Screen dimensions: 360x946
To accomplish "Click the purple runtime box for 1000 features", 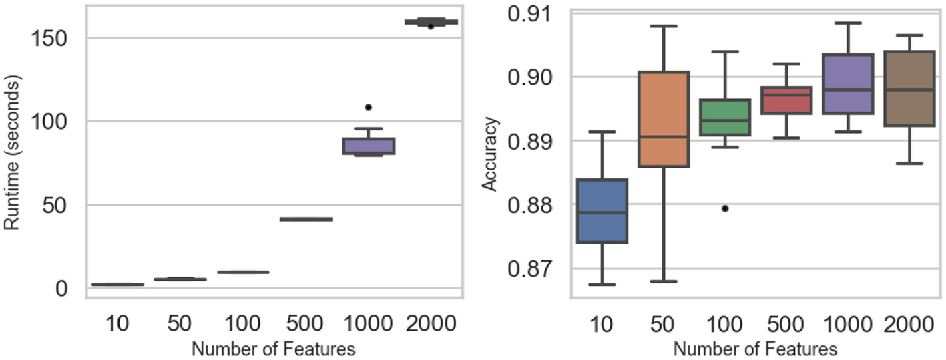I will coord(369,146).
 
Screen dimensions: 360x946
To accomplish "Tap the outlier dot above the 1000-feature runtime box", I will coord(369,107).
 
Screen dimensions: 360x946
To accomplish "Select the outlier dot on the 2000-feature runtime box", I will coord(431,26).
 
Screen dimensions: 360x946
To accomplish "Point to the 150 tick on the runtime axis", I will coord(52,37).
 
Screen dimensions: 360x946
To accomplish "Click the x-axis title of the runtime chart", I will coord(273,348).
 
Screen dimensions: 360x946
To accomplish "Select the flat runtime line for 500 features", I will coord(305,218).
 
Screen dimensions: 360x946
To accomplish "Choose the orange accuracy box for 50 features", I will coord(665,119).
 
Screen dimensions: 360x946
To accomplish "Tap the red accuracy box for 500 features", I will coord(790,100).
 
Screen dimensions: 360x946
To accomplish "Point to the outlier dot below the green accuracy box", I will coord(725,208).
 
